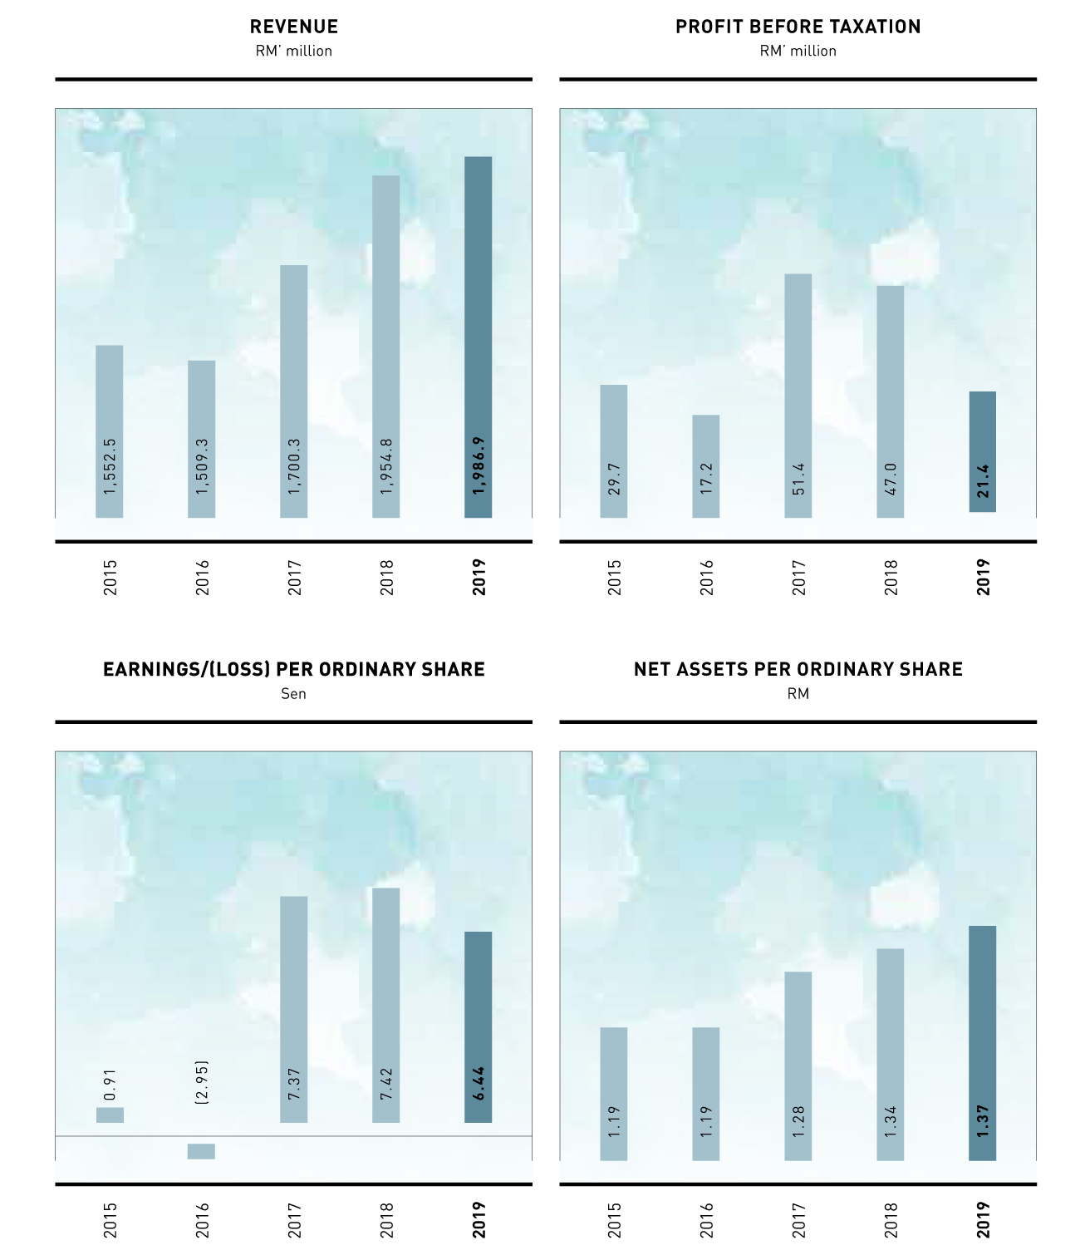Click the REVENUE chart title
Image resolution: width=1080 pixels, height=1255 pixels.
[x=293, y=27]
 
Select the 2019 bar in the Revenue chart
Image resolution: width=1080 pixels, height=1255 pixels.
[x=478, y=332]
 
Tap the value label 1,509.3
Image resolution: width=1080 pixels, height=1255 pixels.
[x=202, y=467]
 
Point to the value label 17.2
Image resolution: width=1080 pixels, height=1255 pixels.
[x=706, y=479]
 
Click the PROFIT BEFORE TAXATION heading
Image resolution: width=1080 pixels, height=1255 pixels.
[x=798, y=27]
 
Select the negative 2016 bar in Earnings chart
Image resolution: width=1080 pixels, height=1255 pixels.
[x=201, y=1151]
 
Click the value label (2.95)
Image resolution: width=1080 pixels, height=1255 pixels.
[x=202, y=1082]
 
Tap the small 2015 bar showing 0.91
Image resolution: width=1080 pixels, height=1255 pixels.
[x=110, y=1115]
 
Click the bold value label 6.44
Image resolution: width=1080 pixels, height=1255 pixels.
[x=479, y=1084]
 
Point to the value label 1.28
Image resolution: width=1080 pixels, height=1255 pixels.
[x=798, y=1122]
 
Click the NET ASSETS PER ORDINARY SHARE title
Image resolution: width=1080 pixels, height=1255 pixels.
[x=798, y=669]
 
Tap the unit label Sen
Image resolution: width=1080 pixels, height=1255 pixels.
[x=293, y=693]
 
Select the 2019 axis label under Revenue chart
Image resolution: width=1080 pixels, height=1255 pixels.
[x=479, y=577]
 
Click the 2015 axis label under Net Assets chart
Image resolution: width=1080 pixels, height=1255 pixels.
[x=614, y=1219]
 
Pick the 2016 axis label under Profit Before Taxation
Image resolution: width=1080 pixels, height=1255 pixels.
[x=706, y=577]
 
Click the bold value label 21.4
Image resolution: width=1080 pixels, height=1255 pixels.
[x=983, y=481]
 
